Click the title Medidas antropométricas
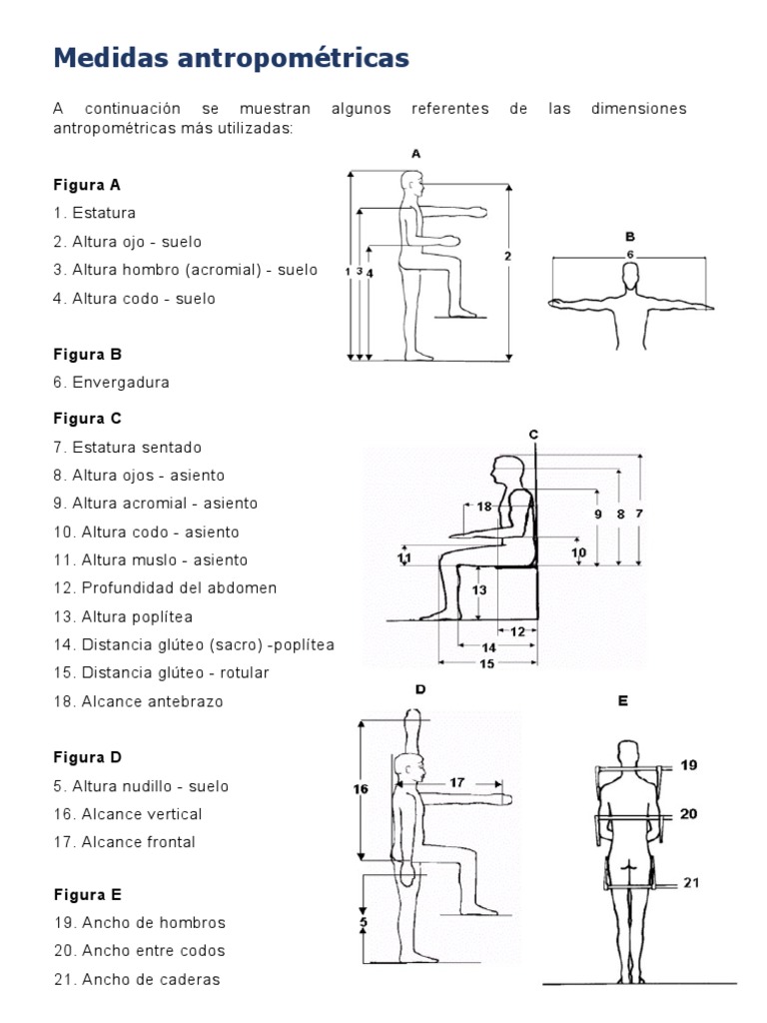231,59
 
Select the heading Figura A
87,185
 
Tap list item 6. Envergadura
111,382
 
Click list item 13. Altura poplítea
123,616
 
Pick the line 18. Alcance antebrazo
138,701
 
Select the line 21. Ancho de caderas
137,979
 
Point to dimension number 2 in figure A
507,257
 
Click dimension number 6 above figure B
630,255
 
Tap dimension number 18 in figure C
484,507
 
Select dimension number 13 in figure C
479,589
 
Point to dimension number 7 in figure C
639,513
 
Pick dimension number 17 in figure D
456,783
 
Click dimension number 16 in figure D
361,788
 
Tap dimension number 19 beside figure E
689,765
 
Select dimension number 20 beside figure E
689,814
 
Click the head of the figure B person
629,283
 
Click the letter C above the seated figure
534,434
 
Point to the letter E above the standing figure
622,701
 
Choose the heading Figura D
87,757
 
